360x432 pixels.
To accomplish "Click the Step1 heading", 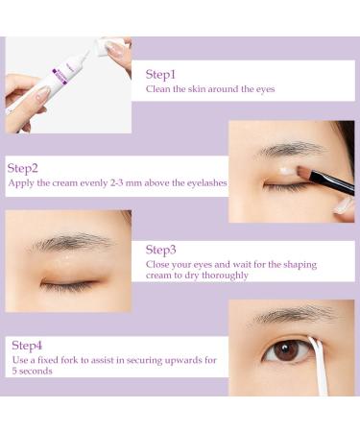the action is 160,75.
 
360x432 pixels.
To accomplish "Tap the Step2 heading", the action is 23,168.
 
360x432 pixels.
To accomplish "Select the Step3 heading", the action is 160,250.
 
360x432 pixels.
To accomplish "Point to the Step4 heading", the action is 27,346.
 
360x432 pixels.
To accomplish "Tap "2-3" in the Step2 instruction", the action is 116,183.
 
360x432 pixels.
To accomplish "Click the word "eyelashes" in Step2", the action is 206,183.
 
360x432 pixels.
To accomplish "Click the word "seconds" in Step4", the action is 36,372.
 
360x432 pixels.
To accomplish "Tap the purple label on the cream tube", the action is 60,76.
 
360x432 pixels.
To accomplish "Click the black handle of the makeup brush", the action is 332,183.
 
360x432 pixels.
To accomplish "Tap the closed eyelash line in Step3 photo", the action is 68,284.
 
